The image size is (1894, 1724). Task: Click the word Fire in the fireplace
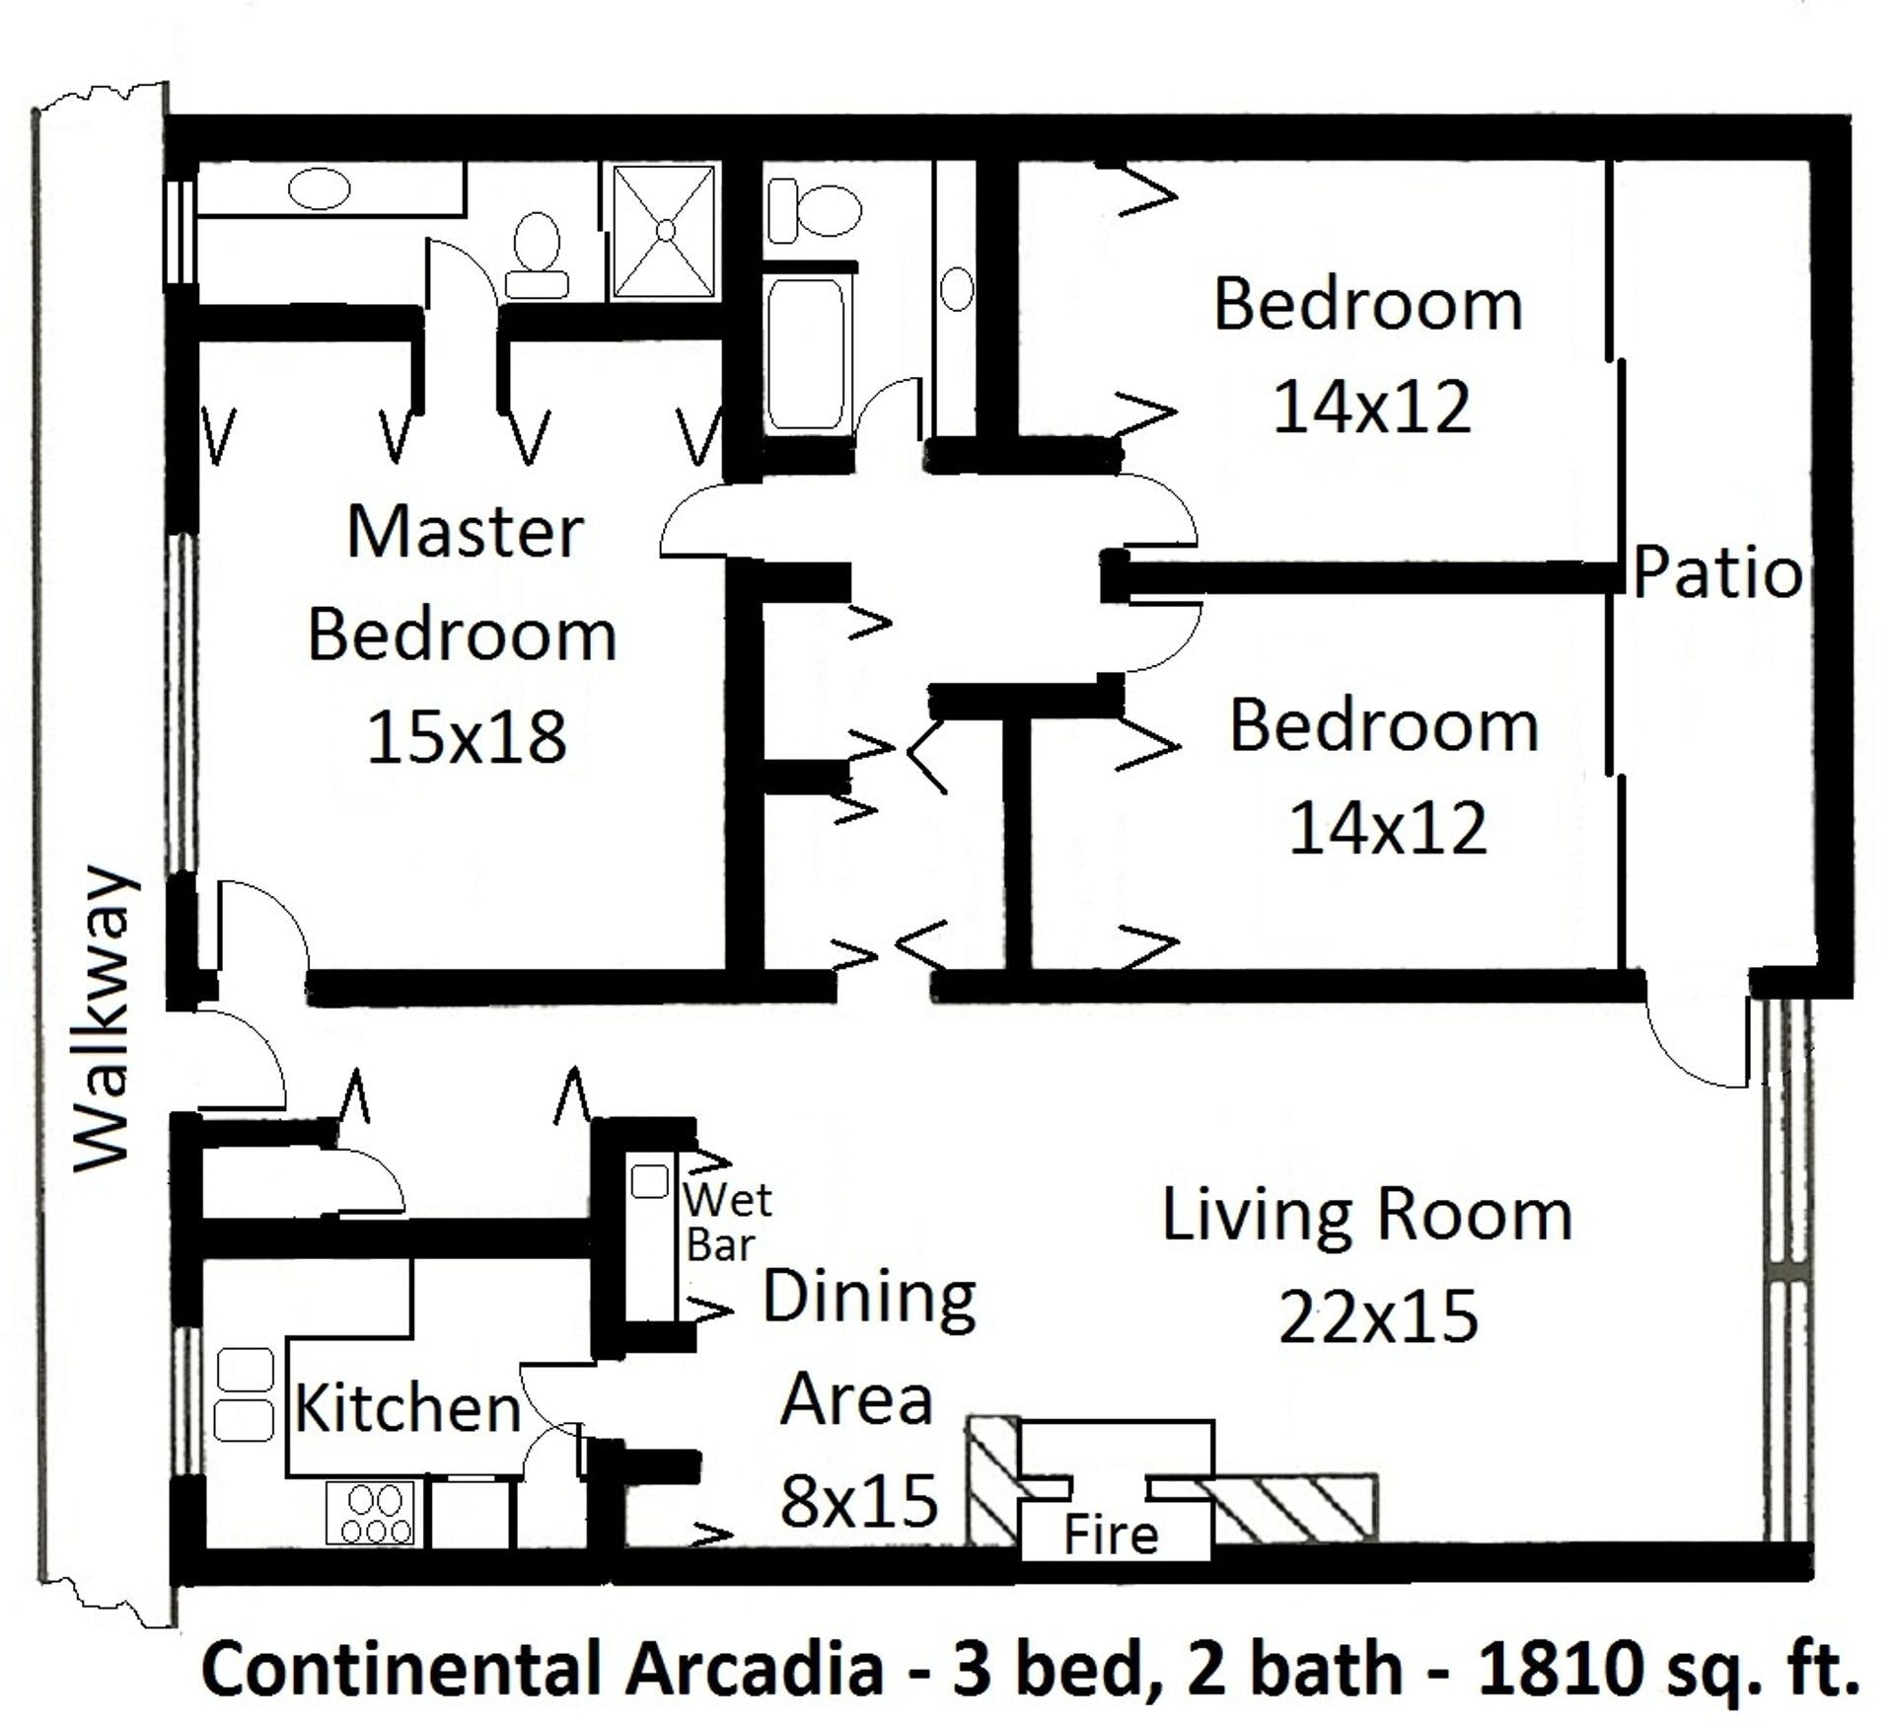(1111, 1536)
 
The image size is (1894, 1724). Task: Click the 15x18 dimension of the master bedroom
(467, 737)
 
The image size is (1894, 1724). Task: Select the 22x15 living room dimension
(1378, 1316)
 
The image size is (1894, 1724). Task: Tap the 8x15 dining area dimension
(858, 1501)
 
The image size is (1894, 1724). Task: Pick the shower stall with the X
(664, 231)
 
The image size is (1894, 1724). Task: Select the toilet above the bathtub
(814, 208)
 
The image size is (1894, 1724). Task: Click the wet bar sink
(649, 1180)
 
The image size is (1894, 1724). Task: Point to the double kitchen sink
(244, 1394)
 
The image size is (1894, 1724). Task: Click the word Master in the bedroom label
(465, 533)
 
